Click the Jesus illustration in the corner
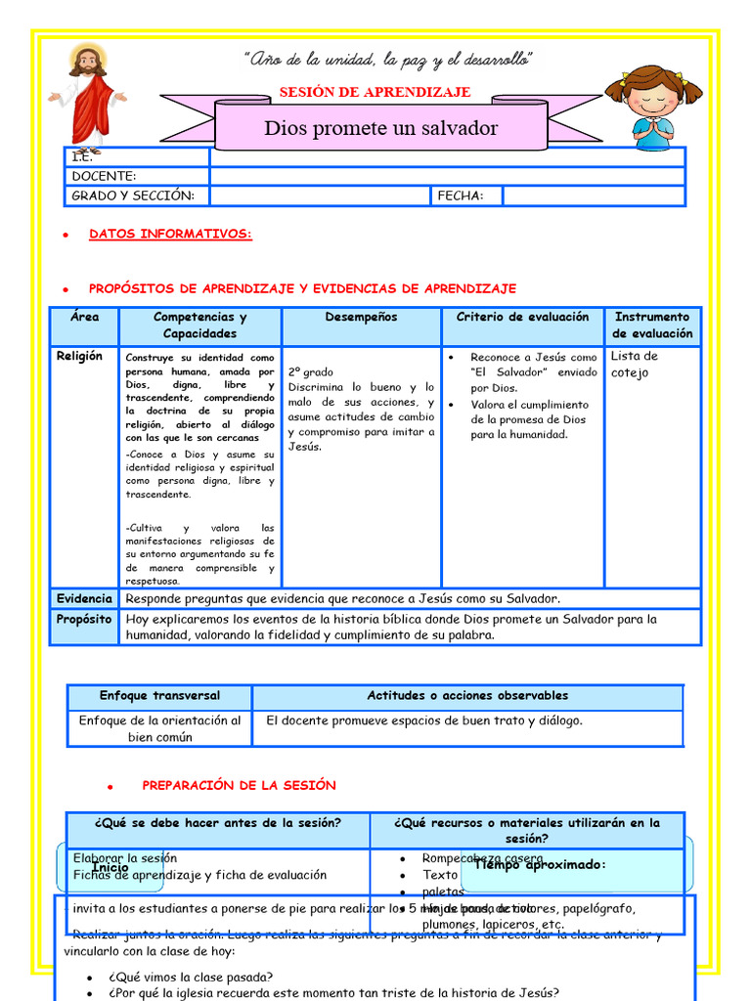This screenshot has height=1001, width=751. click(88, 98)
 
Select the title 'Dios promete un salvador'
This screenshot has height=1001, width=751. click(380, 128)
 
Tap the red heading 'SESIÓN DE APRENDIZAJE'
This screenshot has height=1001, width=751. click(375, 92)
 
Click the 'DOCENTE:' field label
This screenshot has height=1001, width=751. click(104, 176)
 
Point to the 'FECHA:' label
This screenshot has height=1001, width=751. click(460, 196)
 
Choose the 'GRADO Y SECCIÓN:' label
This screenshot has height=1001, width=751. click(133, 196)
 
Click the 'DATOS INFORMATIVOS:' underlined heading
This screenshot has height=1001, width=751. click(170, 234)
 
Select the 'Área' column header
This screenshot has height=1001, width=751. click(85, 317)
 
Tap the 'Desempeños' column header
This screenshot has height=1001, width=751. click(361, 317)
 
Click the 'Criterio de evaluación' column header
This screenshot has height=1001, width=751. click(522, 317)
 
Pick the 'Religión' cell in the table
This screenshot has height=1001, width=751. click(79, 356)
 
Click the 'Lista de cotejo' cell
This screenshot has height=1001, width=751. click(635, 365)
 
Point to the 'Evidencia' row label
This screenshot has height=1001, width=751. click(84, 598)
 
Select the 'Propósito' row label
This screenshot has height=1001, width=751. click(84, 619)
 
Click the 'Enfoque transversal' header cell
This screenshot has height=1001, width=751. click(159, 696)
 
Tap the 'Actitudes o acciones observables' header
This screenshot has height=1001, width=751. click(467, 696)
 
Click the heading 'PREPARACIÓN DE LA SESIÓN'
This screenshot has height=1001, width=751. click(239, 785)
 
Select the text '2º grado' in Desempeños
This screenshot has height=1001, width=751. click(311, 372)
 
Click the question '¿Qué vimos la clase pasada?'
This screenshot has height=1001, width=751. click(191, 977)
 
